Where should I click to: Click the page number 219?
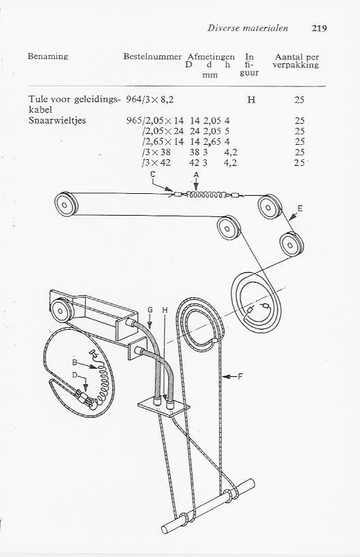[319, 29]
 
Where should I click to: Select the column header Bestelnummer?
[152, 56]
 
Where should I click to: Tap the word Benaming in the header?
[48, 56]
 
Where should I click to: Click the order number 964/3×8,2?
[150, 100]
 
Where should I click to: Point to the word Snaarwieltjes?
[57, 120]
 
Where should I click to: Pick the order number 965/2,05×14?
[155, 121]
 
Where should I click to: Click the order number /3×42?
[156, 163]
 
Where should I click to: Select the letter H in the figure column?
[251, 100]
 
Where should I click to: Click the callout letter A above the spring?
[196, 175]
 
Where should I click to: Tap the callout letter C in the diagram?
[153, 174]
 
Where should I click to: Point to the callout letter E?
[300, 208]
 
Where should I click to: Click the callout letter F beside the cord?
[240, 376]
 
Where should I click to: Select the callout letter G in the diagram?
[150, 310]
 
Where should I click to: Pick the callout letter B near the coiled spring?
[75, 362]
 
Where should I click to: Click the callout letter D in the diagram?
[75, 375]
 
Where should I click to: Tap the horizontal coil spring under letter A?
[206, 195]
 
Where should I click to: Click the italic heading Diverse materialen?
[248, 28]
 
